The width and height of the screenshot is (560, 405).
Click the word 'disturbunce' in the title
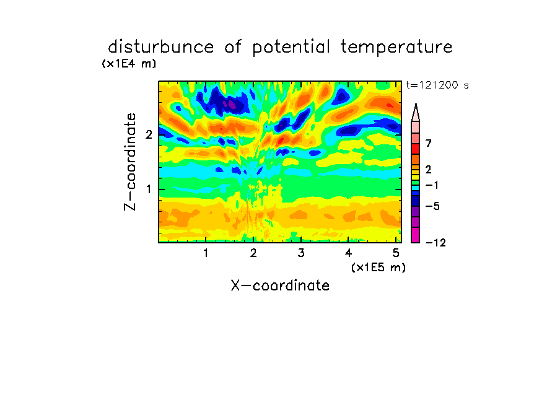pyautogui.click(x=161, y=47)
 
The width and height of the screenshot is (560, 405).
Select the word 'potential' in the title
pyautogui.click(x=291, y=48)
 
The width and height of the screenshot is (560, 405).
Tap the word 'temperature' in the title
pyautogui.click(x=396, y=48)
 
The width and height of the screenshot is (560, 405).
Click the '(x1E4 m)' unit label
pyautogui.click(x=129, y=64)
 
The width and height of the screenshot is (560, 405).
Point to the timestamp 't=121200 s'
pyautogui.click(x=437, y=85)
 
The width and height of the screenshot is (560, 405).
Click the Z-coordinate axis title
pyautogui.click(x=130, y=162)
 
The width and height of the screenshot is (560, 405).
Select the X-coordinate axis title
pyautogui.click(x=280, y=285)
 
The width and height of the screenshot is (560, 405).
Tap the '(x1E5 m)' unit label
pyautogui.click(x=378, y=268)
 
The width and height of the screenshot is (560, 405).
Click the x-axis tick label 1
pyautogui.click(x=206, y=253)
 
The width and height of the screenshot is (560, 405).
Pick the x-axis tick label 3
pyautogui.click(x=301, y=253)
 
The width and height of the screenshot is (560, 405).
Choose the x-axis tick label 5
pyautogui.click(x=396, y=253)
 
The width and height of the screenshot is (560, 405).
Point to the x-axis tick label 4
pyautogui.click(x=349, y=253)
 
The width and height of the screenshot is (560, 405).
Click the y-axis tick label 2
pyautogui.click(x=149, y=134)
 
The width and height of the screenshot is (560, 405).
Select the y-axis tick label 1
pyautogui.click(x=149, y=189)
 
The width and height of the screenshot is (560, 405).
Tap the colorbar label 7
pyautogui.click(x=429, y=144)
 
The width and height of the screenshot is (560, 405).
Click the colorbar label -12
pyautogui.click(x=435, y=243)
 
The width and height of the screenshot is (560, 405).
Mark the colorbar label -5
pyautogui.click(x=432, y=206)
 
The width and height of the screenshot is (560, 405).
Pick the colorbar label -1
pyautogui.click(x=432, y=185)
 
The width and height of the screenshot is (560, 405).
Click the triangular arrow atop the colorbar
pyautogui.click(x=416, y=112)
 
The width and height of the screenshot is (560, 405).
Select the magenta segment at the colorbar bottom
pyautogui.click(x=416, y=235)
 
